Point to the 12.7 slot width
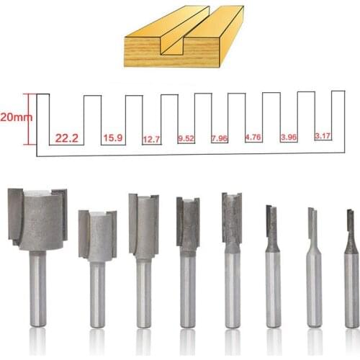[151, 138]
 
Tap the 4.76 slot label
[253, 137]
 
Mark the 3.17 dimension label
[323, 135]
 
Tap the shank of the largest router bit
[37, 288]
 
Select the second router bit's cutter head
[97, 234]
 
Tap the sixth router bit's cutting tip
[271, 224]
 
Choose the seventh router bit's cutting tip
[312, 224]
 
